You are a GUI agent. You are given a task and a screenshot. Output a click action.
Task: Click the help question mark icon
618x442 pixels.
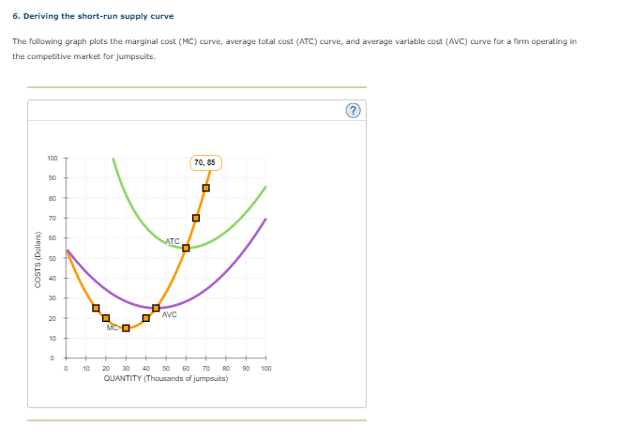tap(354, 111)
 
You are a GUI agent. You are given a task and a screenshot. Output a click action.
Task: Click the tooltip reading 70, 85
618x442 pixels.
tap(204, 162)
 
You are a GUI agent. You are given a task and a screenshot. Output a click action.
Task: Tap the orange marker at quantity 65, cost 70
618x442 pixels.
tap(196, 218)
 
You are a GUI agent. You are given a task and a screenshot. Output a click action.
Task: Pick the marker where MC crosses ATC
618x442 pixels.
tap(186, 248)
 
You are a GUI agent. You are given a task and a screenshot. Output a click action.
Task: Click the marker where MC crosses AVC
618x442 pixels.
tap(156, 308)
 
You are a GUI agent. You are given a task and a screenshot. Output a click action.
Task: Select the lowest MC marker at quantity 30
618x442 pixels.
tap(126, 328)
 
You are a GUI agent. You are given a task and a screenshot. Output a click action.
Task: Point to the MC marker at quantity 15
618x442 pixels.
tap(96, 308)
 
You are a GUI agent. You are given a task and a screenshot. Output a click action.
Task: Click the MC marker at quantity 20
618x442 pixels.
tap(106, 318)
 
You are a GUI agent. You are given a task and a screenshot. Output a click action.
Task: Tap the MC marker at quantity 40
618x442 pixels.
tap(145, 318)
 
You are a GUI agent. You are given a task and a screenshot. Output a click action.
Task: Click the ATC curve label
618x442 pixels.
tap(173, 241)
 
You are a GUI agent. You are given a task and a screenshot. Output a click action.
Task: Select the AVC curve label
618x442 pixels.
tap(169, 314)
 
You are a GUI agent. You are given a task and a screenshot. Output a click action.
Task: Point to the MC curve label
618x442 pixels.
tap(113, 328)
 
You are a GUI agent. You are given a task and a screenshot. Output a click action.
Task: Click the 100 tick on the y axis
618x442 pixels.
tap(53, 158)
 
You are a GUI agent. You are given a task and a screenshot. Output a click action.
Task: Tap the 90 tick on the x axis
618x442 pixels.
tap(246, 369)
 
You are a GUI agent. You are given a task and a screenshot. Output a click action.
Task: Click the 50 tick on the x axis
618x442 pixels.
tap(166, 369)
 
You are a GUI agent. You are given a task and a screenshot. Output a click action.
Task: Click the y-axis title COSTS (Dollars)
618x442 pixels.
tap(37, 258)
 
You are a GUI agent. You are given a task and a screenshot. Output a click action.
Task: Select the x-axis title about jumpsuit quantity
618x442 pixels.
tap(165, 378)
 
